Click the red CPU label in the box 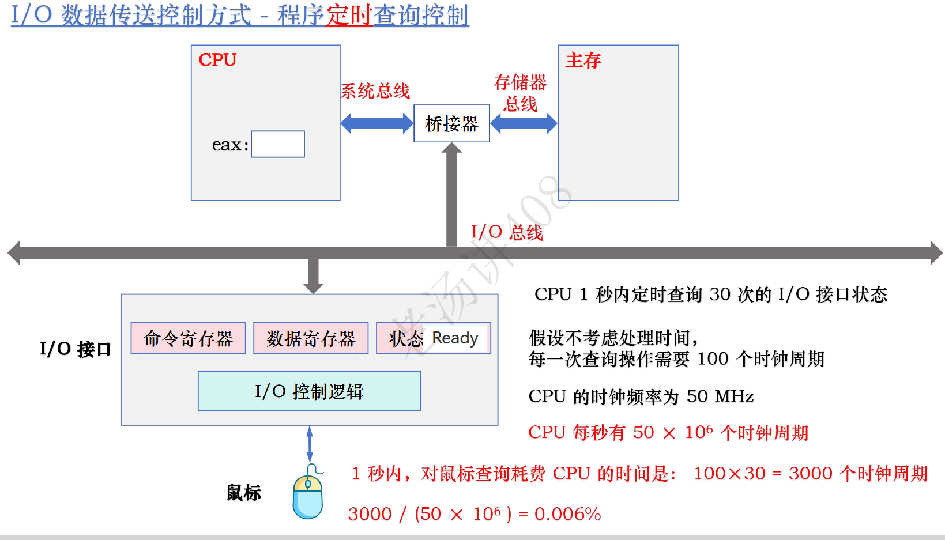pyautogui.click(x=217, y=60)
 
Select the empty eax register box pyautogui.click(x=278, y=144)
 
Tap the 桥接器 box pyautogui.click(x=451, y=123)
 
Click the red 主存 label pyautogui.click(x=583, y=61)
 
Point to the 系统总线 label pyautogui.click(x=375, y=91)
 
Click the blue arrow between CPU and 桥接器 pyautogui.click(x=377, y=123)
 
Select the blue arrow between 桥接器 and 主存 pyautogui.click(x=524, y=123)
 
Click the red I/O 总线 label pyautogui.click(x=507, y=232)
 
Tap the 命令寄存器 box pyautogui.click(x=188, y=338)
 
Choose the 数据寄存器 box pyautogui.click(x=311, y=338)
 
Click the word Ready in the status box pyautogui.click(x=455, y=338)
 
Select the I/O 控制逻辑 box pyautogui.click(x=309, y=391)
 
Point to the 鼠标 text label pyautogui.click(x=243, y=493)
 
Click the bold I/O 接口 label pyautogui.click(x=75, y=349)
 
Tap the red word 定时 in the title pyautogui.click(x=349, y=16)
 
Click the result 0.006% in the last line pyautogui.click(x=567, y=513)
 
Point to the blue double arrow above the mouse pyautogui.click(x=310, y=444)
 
